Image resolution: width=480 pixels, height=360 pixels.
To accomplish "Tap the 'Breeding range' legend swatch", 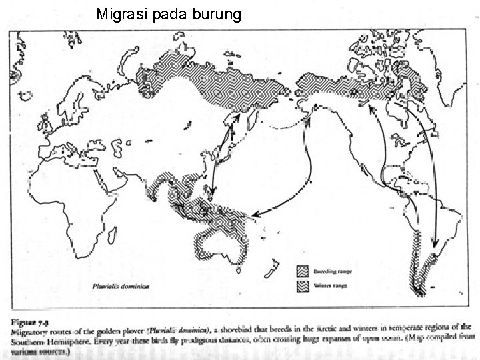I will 303,272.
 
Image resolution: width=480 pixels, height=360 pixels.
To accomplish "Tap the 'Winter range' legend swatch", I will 303,286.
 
